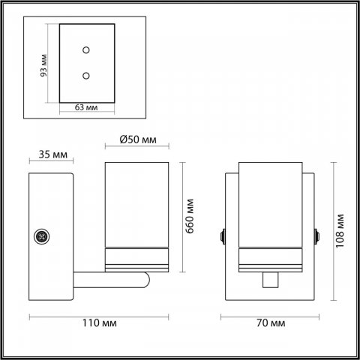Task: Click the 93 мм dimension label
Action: point(43,65)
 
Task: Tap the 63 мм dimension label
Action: point(86,107)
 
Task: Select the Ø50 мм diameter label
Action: point(138,139)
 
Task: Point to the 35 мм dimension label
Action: point(53,154)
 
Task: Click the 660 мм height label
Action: point(190,216)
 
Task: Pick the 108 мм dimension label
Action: point(340,231)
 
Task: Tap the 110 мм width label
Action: point(100,323)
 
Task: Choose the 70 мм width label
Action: point(271,323)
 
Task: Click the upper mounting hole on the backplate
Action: point(86,50)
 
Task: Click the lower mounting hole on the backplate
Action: point(86,76)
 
